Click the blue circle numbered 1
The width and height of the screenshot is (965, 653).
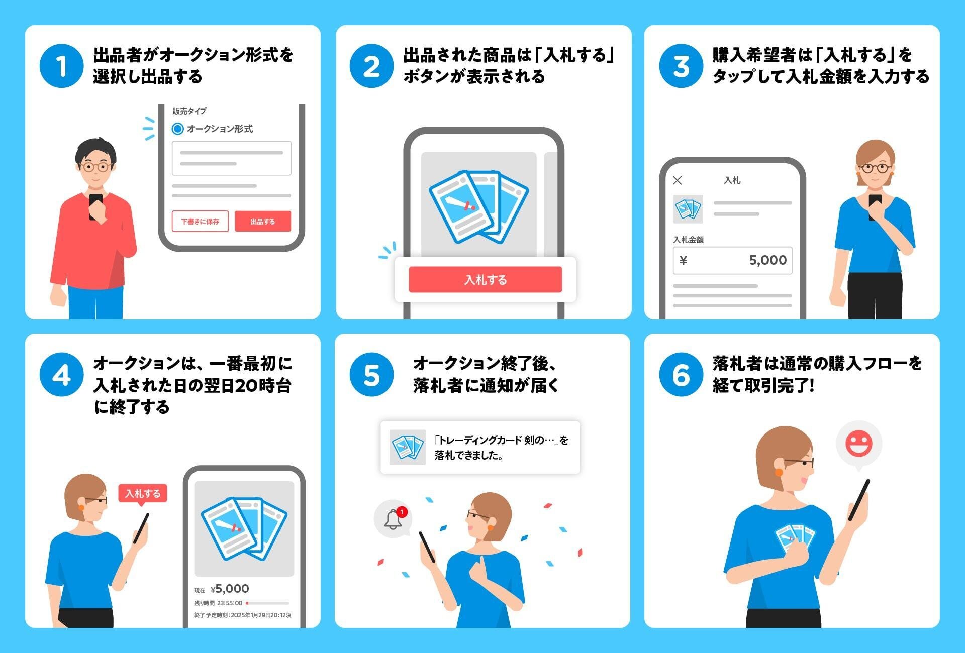pos(61,66)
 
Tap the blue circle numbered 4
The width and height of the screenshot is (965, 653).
pos(61,375)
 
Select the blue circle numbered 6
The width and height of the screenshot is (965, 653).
pos(681,375)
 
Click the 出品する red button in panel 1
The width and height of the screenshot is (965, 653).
pos(262,221)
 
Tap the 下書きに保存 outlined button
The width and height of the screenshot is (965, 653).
pos(200,221)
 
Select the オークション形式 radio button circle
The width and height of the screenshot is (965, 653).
pos(177,129)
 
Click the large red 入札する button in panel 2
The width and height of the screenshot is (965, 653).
pos(485,280)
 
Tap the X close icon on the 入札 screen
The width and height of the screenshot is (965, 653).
pos(678,180)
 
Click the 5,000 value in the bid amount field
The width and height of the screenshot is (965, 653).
pos(767,260)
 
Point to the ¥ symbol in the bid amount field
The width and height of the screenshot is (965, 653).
pos(684,260)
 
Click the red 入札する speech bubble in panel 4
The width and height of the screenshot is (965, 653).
pos(143,493)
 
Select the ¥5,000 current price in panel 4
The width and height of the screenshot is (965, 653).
pos(230,589)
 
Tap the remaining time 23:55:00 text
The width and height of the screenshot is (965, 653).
pos(230,603)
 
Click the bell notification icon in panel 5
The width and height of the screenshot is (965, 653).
pos(393,519)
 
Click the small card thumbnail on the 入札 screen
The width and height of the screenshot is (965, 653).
pos(688,209)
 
